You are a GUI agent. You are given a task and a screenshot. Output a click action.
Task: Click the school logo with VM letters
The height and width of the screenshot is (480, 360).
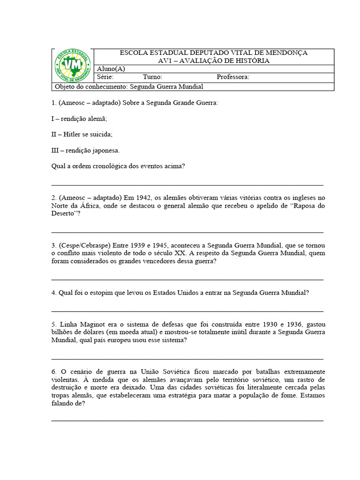[71, 66]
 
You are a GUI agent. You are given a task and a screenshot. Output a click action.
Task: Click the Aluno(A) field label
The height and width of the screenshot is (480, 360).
[111, 69]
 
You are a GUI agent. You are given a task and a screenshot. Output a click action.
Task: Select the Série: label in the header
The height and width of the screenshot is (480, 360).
[105, 77]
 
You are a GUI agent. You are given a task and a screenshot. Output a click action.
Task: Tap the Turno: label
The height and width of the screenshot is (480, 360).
[152, 77]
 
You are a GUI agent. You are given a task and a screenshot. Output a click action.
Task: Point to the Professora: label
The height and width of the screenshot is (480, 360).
[232, 77]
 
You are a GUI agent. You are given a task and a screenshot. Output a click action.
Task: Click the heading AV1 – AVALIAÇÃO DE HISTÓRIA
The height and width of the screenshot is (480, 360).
[214, 61]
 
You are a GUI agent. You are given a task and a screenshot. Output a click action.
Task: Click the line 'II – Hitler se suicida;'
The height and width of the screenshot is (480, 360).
[82, 135]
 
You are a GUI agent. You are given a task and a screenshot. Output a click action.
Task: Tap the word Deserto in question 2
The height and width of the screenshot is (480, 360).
[64, 213]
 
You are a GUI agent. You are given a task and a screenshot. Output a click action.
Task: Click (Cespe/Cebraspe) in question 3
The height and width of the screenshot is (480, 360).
[84, 245]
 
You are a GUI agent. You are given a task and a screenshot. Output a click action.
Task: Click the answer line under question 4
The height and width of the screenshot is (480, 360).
[187, 311]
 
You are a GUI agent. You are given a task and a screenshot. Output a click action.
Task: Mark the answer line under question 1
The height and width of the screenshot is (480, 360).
[187, 184]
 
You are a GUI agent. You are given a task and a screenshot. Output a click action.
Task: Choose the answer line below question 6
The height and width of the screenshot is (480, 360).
[187, 420]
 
